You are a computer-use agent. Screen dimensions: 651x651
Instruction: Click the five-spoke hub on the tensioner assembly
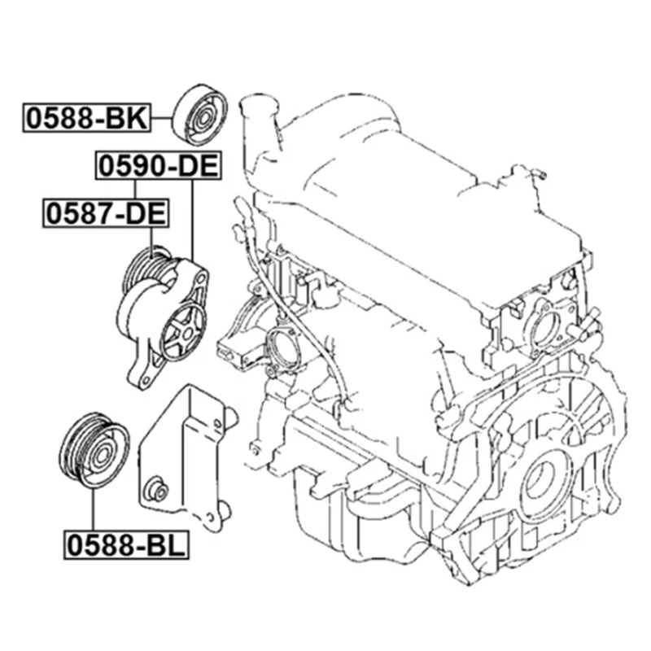tap(184, 330)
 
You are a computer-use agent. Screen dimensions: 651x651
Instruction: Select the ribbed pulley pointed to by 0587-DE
tap(146, 269)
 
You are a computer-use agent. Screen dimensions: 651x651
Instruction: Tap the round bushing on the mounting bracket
tap(157, 490)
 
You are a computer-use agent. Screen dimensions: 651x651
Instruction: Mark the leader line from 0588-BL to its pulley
tap(94, 509)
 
